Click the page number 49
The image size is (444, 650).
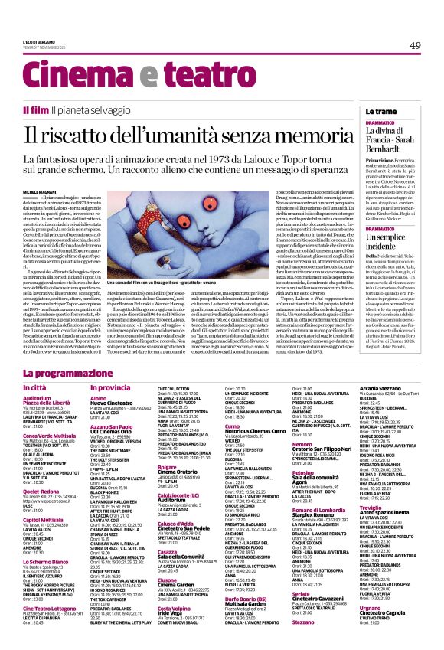click(415, 46)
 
